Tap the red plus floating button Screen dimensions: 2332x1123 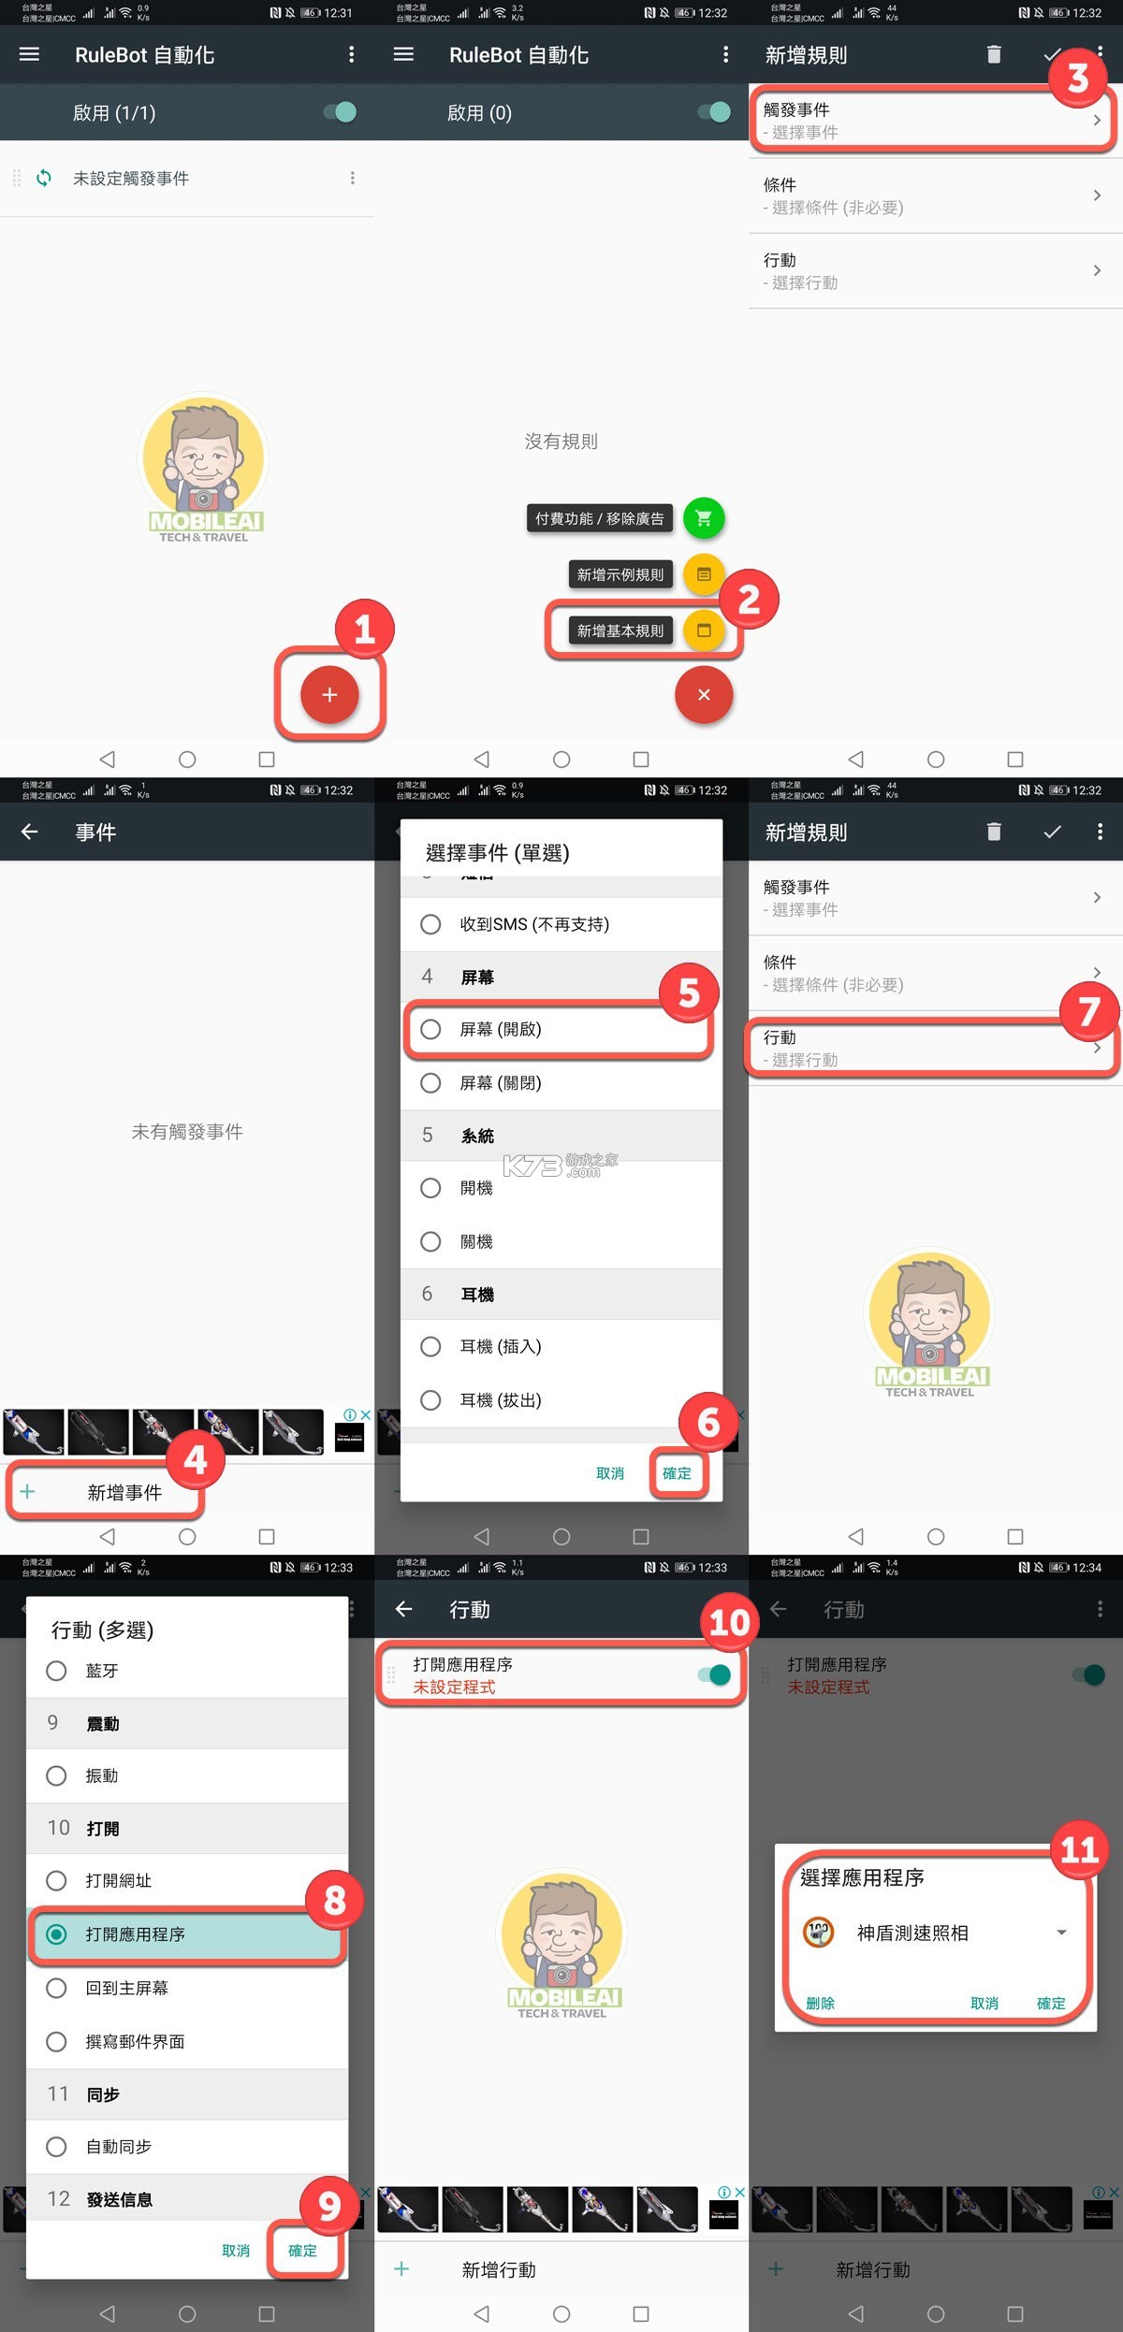(x=329, y=695)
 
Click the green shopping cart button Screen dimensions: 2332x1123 (x=704, y=517)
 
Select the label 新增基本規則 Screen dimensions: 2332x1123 (x=620, y=630)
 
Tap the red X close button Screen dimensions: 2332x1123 (x=704, y=695)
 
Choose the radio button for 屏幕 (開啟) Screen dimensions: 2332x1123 (x=430, y=1029)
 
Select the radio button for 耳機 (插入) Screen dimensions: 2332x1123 (x=430, y=1346)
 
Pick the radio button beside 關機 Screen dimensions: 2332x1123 (x=430, y=1241)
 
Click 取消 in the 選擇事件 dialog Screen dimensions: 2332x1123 (x=610, y=1473)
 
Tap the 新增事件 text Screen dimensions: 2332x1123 (x=124, y=1492)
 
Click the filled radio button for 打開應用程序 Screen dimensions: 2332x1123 (x=56, y=1934)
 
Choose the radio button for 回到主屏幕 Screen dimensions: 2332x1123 (x=56, y=1988)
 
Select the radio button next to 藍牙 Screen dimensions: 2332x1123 (x=56, y=1671)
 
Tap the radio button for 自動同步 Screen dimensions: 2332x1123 (x=56, y=2147)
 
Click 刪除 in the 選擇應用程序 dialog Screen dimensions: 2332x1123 (x=821, y=2003)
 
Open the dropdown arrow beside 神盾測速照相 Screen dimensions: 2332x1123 (x=1061, y=1933)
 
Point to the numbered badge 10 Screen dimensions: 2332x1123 (x=729, y=1622)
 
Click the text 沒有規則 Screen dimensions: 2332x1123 (x=561, y=442)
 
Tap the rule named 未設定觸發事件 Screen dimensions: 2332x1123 (x=131, y=179)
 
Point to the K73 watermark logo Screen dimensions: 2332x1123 (x=560, y=1165)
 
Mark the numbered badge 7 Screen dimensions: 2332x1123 (x=1088, y=1011)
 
